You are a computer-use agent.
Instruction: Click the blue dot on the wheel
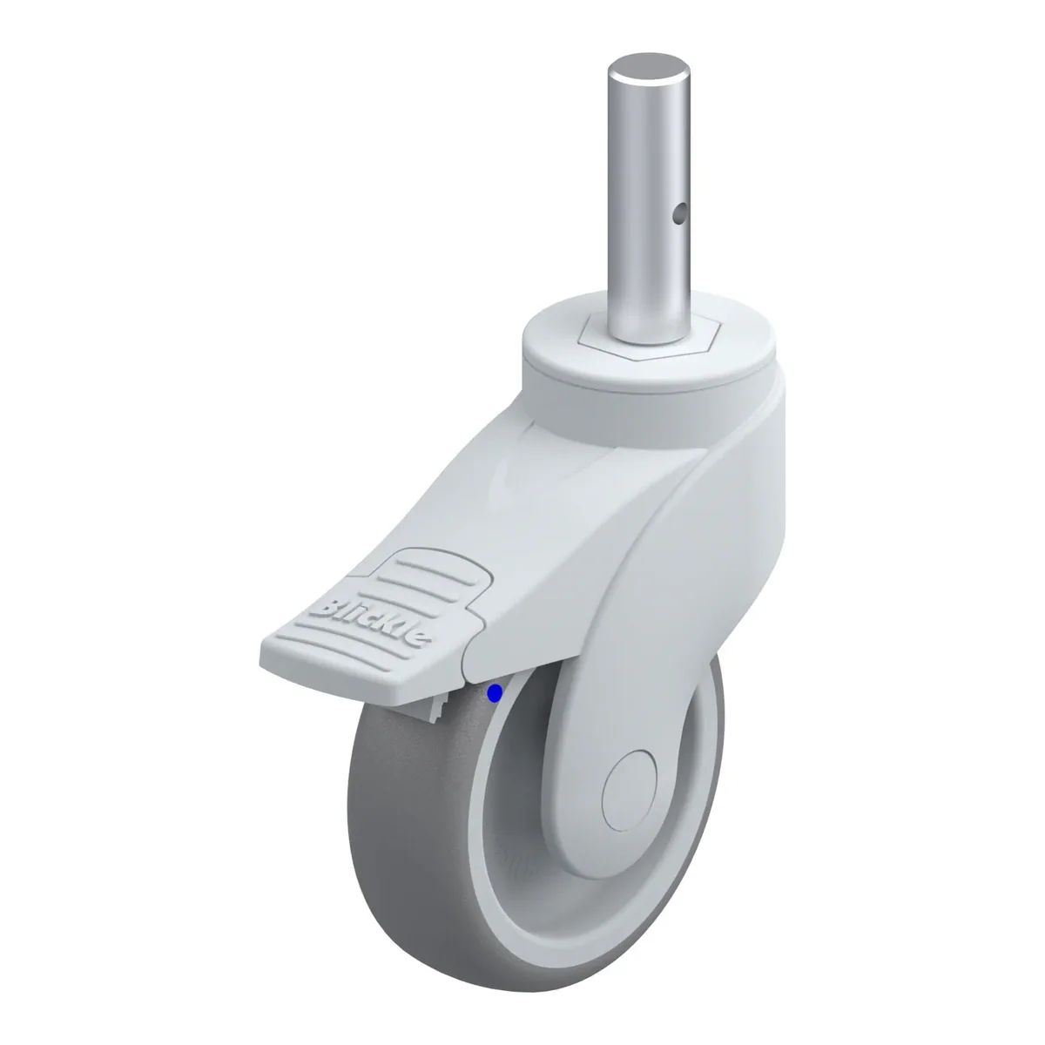(495, 693)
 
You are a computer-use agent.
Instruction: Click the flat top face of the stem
(649, 69)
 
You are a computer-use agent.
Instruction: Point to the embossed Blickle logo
(373, 622)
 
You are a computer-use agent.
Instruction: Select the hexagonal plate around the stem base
(648, 339)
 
